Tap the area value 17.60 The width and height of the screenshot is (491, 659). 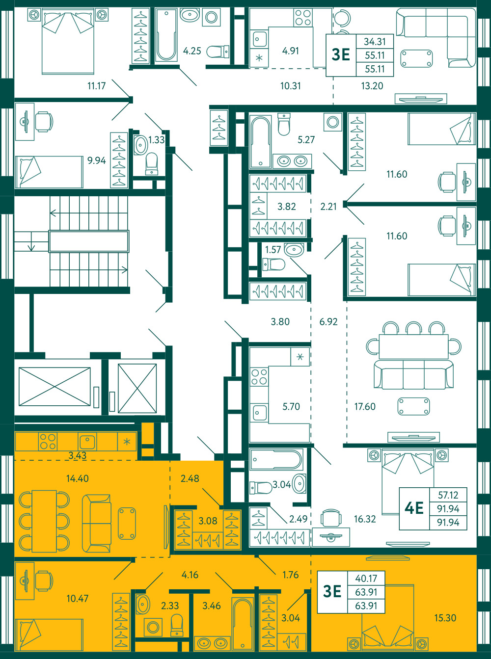(x=365, y=406)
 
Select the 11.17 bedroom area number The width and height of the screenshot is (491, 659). (x=96, y=86)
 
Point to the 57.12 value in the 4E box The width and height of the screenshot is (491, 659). (x=448, y=495)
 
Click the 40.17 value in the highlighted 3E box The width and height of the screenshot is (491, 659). (x=366, y=578)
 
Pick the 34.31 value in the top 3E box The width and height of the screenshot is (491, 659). (x=375, y=42)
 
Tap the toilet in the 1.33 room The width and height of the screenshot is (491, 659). (x=152, y=164)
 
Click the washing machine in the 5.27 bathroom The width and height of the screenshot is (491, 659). (x=332, y=122)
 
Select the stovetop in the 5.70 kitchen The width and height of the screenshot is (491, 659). (x=259, y=377)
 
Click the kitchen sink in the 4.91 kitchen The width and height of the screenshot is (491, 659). (x=259, y=39)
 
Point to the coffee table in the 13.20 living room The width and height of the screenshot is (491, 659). (x=416, y=58)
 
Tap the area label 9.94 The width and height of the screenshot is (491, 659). (x=96, y=160)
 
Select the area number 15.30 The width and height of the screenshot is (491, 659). (x=445, y=618)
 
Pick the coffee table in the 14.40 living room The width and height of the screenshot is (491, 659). (x=127, y=523)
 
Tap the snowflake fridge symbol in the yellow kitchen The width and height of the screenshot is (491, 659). (x=127, y=442)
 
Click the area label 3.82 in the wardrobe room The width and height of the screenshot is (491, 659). (x=287, y=207)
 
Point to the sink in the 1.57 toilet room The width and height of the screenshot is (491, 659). (x=294, y=250)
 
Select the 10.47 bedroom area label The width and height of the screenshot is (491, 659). (x=78, y=598)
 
